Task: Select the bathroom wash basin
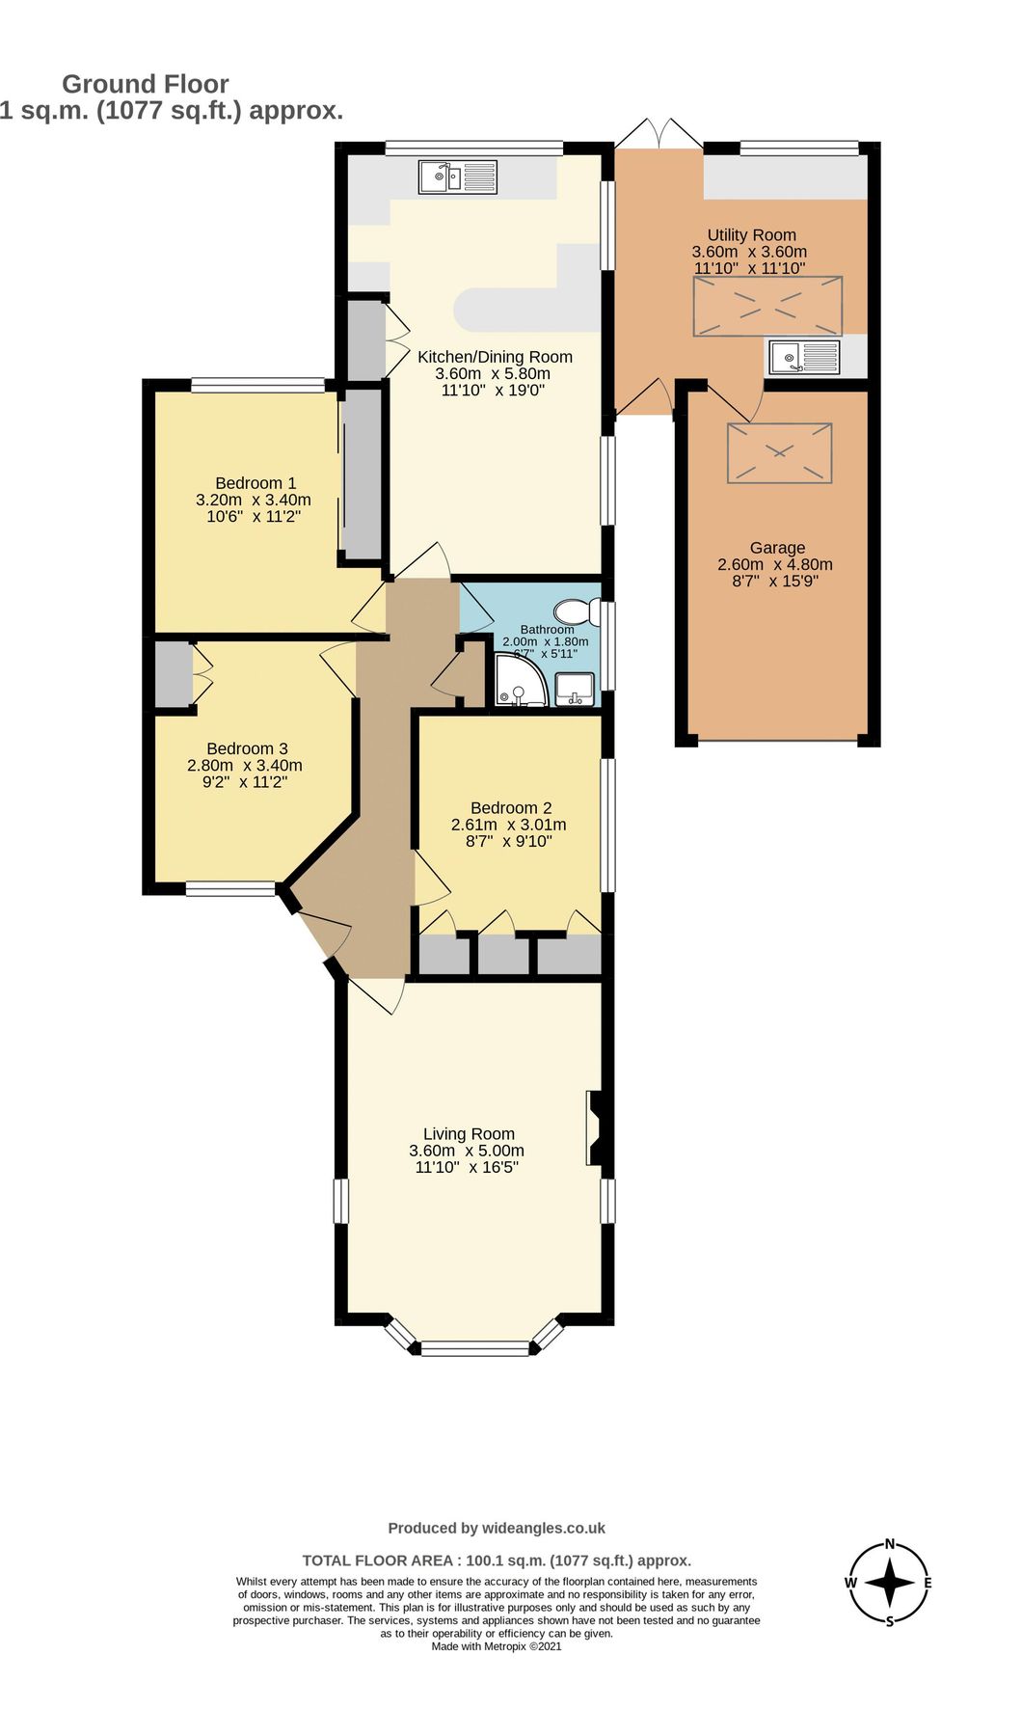[576, 689]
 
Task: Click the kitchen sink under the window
[457, 177]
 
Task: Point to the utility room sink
[803, 358]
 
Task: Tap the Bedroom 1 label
[255, 483]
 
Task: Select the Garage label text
[777, 548]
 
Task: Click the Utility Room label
[751, 234]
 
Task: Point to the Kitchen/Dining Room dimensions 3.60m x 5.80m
[493, 374]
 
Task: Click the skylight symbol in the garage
[779, 452]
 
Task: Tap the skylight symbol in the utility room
[767, 306]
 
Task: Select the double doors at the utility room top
[659, 134]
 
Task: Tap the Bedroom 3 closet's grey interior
[173, 673]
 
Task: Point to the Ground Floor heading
[146, 84]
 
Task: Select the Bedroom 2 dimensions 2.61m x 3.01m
[508, 825]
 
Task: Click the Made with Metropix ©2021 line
[496, 1646]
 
